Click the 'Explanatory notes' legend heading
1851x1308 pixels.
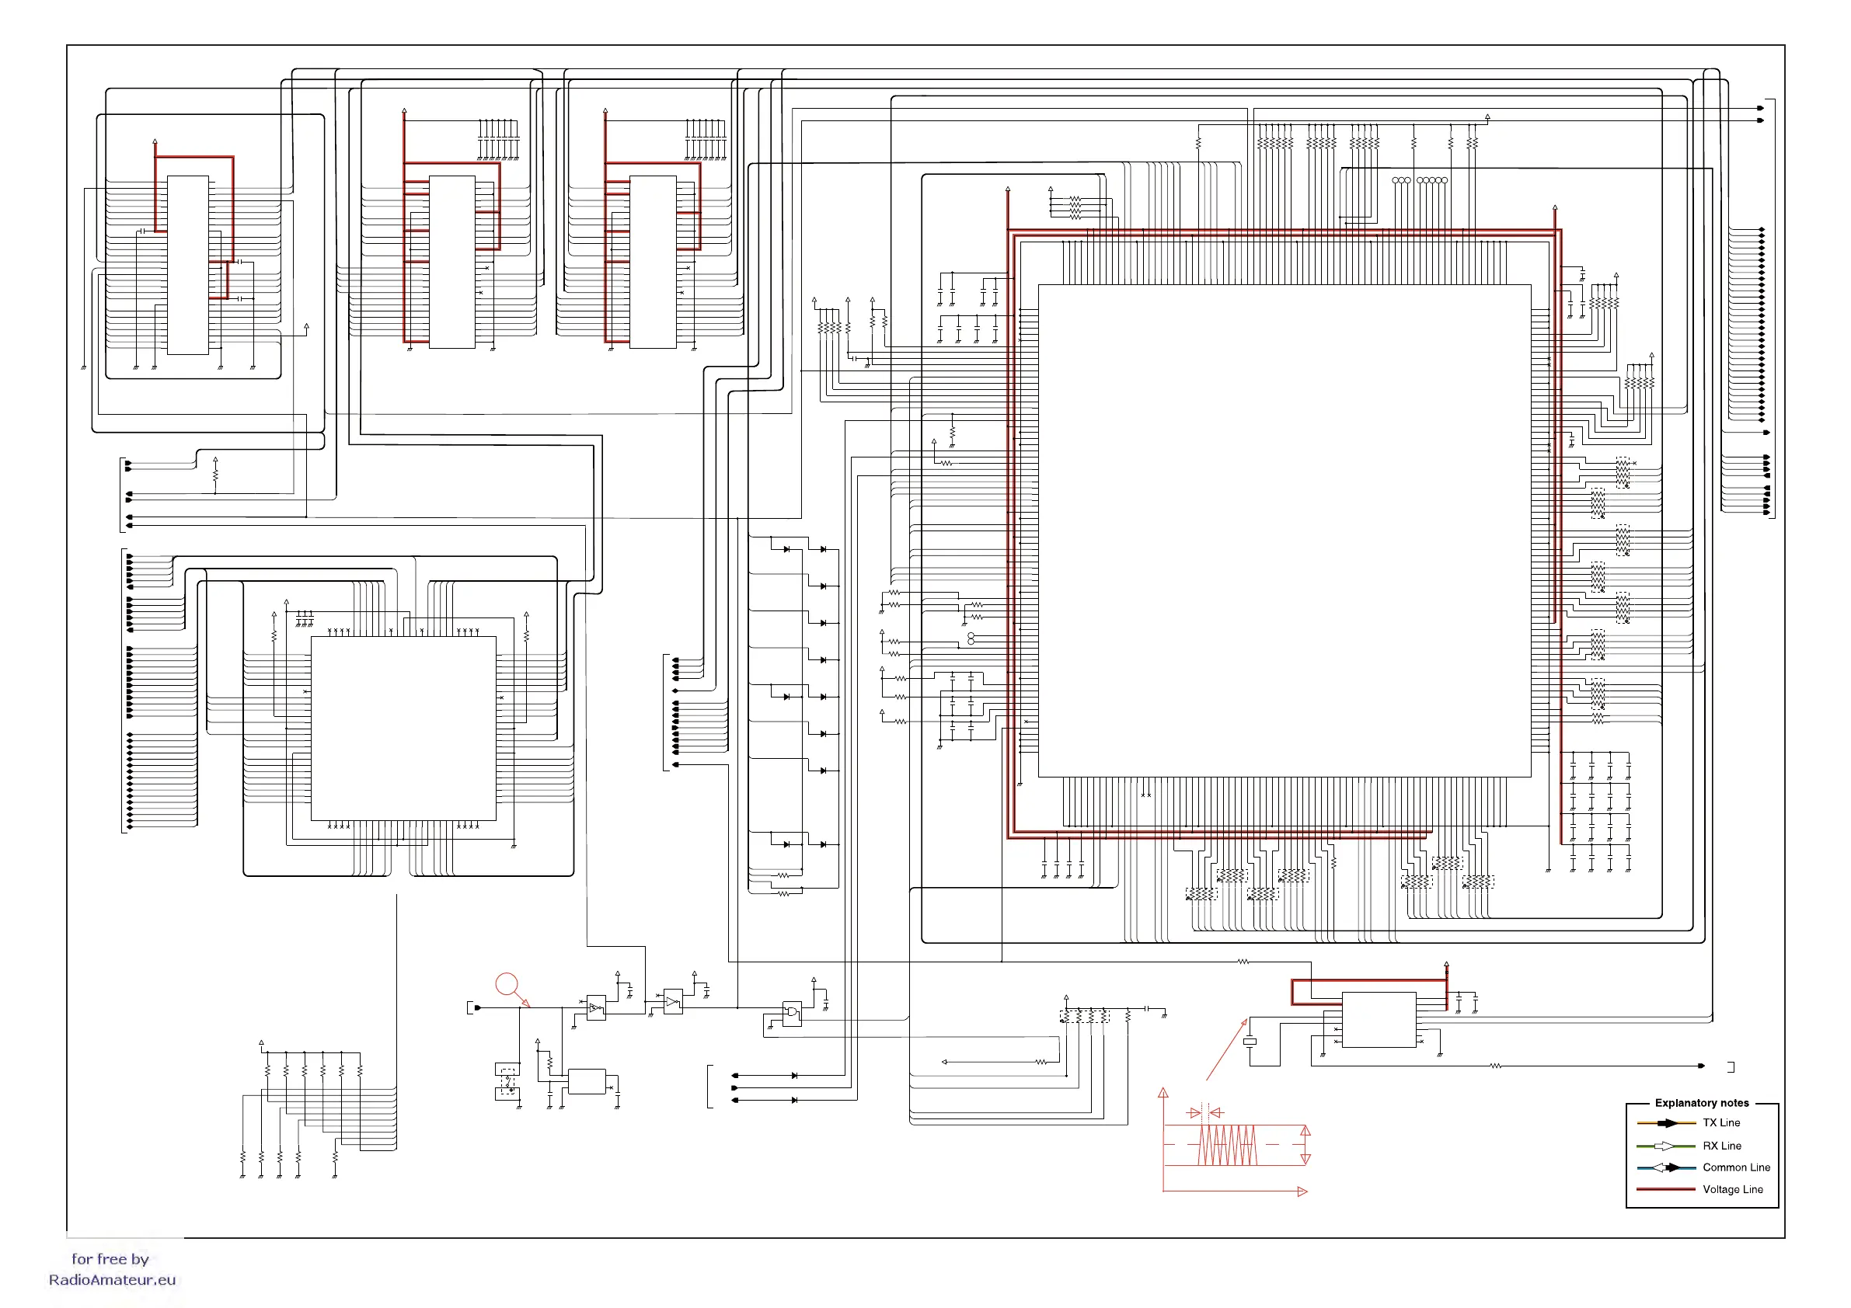click(1701, 1102)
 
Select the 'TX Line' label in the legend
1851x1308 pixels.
click(1720, 1122)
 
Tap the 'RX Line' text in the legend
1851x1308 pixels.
click(1721, 1145)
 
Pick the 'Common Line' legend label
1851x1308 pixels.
click(1736, 1167)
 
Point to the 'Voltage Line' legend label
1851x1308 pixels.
click(1732, 1188)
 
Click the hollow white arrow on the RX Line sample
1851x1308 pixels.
click(1664, 1145)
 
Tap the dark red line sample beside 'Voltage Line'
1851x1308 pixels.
click(1665, 1188)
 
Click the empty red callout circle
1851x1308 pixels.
click(507, 984)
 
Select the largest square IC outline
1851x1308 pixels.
click(1284, 531)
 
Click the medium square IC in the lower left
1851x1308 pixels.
click(403, 728)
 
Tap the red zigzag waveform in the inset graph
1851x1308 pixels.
click(1227, 1144)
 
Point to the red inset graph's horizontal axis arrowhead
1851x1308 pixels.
click(1301, 1191)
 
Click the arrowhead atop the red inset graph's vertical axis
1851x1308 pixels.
click(1163, 1093)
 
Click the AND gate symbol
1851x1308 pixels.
click(792, 1012)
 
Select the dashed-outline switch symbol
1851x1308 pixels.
click(507, 1081)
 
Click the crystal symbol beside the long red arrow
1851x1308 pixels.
click(1250, 1042)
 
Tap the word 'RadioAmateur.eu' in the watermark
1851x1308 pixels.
click(112, 1280)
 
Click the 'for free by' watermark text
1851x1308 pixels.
click(110, 1259)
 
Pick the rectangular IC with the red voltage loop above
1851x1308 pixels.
click(1379, 1020)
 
